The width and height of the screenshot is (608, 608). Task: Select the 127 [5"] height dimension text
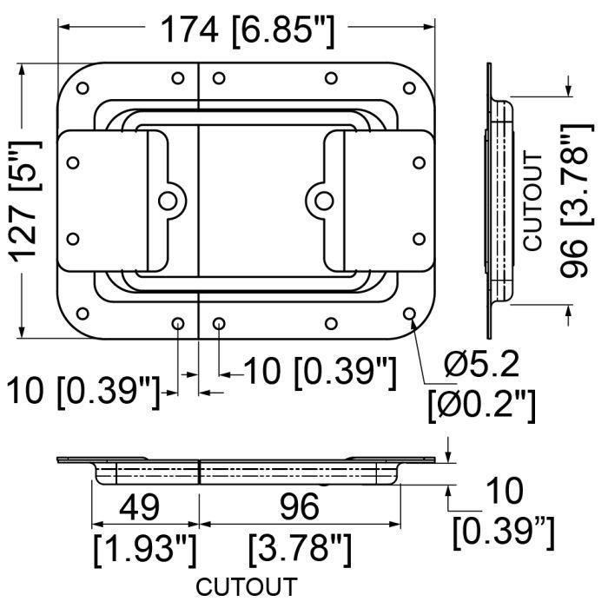26,201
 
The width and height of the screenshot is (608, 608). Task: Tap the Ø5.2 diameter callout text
481,366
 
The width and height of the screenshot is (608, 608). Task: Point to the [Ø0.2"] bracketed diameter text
482,406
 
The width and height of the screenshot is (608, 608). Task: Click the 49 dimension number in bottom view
139,506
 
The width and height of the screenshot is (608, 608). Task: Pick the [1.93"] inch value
145,550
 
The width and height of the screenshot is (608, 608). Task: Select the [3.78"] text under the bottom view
301,550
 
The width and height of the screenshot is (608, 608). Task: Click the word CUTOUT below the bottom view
247,586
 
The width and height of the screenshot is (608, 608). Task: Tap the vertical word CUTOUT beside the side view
533,202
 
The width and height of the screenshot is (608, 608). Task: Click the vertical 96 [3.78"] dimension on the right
577,201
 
